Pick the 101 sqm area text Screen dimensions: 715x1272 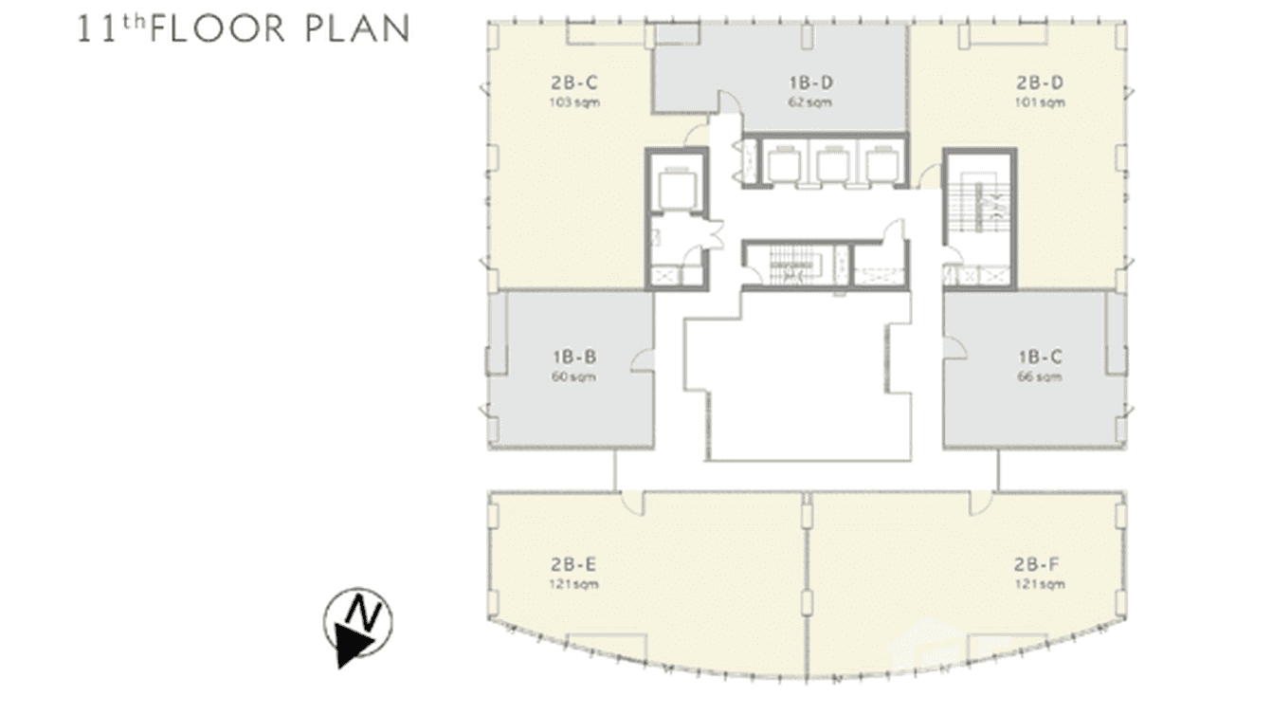click(1040, 102)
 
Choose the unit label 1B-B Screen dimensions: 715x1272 click(573, 358)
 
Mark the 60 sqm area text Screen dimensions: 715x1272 click(573, 376)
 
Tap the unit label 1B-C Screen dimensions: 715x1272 click(1040, 358)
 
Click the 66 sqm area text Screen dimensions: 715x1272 click(1040, 376)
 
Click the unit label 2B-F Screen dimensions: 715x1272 click(1040, 566)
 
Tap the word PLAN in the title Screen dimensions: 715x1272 click(356, 28)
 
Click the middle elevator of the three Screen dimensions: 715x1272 click(831, 166)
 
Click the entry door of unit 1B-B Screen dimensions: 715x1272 click(644, 357)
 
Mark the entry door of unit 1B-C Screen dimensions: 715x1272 click(954, 350)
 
